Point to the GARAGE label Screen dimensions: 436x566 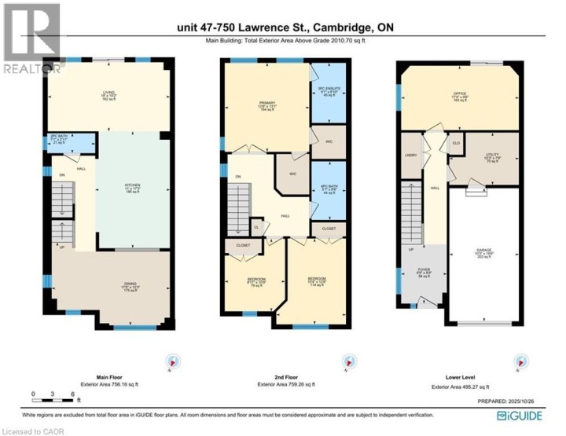click(x=483, y=254)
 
